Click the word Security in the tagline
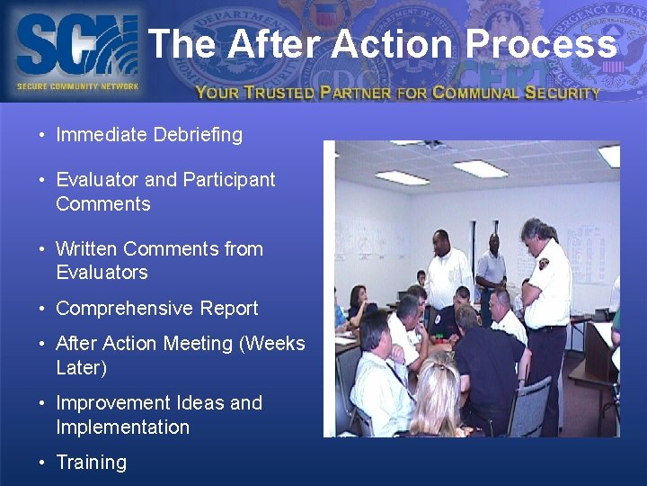tap(563, 92)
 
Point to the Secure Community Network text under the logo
tap(77, 86)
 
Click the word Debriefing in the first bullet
tap(197, 135)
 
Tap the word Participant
tap(228, 179)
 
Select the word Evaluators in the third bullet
tap(102, 272)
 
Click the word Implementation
tap(122, 427)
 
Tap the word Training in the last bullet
tap(91, 463)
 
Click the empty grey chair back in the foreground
tap(531, 405)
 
